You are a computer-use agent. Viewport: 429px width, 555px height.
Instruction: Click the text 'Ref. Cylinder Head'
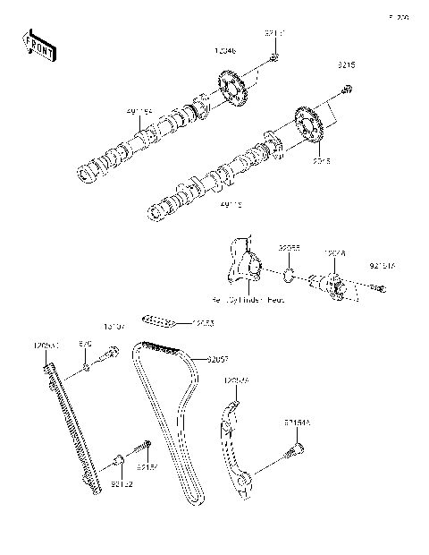(x=248, y=299)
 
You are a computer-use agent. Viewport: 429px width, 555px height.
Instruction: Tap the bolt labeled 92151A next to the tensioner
(x=379, y=287)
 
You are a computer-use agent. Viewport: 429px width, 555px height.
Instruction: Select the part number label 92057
(x=217, y=360)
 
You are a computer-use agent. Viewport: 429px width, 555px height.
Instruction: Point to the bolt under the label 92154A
(x=288, y=456)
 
